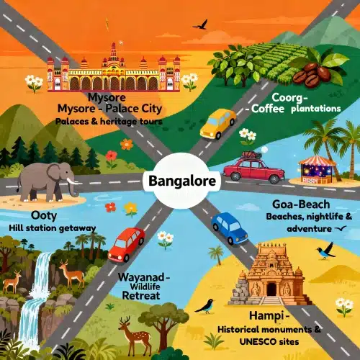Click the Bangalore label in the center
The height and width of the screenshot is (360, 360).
tap(181, 180)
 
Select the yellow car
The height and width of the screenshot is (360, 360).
tap(217, 123)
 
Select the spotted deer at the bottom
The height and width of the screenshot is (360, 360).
tap(130, 333)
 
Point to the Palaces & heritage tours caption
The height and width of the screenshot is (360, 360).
tap(108, 122)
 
